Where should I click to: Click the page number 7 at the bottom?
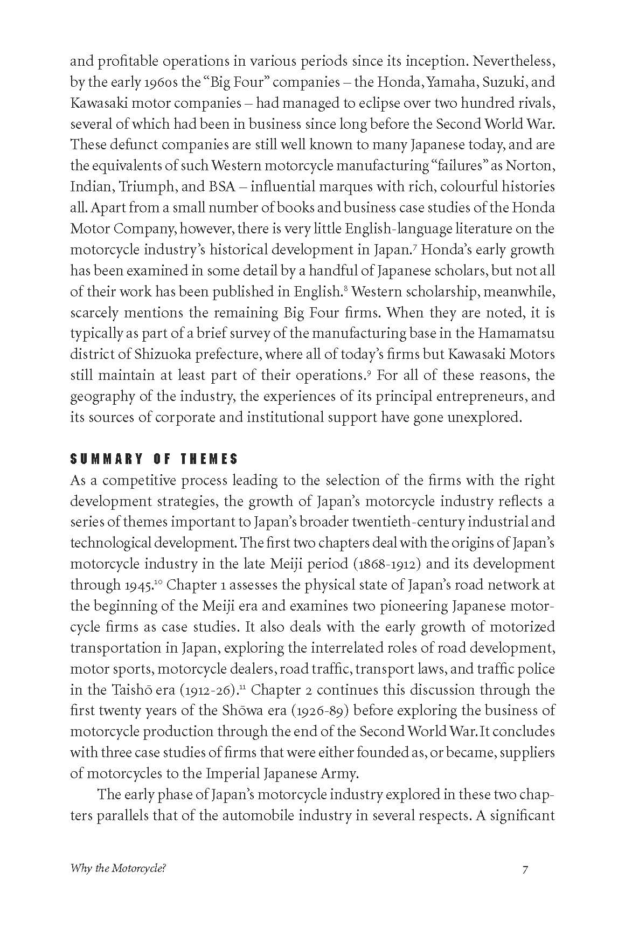[525, 869]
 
